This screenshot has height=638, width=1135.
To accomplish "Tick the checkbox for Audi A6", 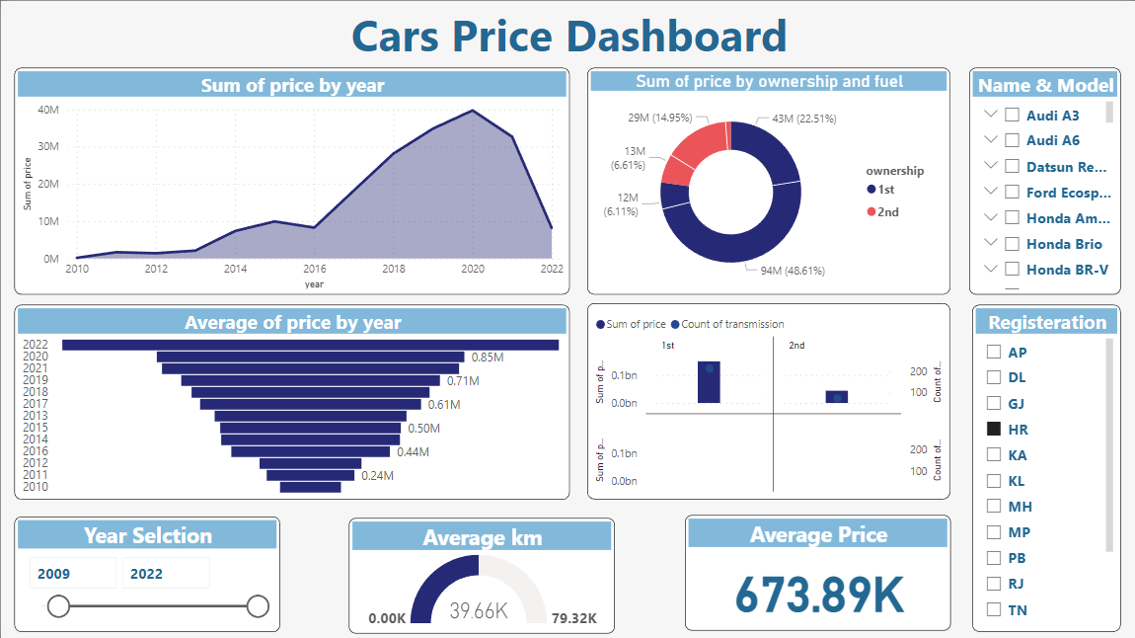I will tap(1012, 140).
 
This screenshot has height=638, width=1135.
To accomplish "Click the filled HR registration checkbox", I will tap(994, 429).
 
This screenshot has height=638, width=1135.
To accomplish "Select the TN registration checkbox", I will tap(994, 609).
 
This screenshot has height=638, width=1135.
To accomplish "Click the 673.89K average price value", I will tap(819, 595).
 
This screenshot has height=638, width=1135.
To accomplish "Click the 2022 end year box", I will tap(165, 574).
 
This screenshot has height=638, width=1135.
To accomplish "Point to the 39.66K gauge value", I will tap(479, 610).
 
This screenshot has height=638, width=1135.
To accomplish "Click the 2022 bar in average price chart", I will tap(310, 345).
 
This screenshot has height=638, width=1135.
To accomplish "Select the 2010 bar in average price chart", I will tap(310, 487).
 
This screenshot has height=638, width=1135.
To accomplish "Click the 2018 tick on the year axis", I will tap(393, 269).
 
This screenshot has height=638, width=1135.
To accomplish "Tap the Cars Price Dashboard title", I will tap(568, 37).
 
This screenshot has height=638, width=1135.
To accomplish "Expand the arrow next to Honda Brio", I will tap(992, 243).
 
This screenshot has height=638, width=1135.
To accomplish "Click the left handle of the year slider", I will tap(59, 606).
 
